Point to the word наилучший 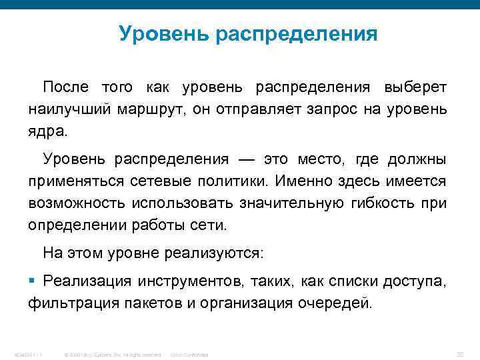coord(68,109)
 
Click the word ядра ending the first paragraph coord(47,129)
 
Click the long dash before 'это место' coord(246,160)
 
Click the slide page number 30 coord(459,354)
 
